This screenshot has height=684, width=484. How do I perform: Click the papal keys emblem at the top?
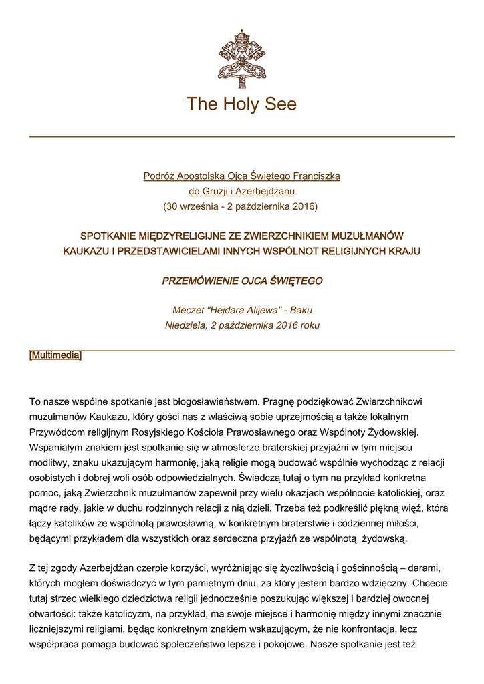[x=241, y=59]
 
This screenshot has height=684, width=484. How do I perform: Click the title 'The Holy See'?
[x=241, y=104]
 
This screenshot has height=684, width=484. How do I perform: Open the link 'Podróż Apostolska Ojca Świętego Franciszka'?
[x=241, y=176]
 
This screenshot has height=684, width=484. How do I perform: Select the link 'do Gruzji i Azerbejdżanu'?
[x=241, y=191]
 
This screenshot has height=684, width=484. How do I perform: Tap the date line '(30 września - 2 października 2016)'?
[x=241, y=206]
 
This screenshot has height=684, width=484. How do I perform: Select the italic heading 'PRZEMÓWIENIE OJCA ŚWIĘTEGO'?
[x=241, y=281]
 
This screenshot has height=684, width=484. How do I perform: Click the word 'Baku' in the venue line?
[x=301, y=311]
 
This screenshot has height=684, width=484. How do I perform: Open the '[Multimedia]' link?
[x=55, y=355]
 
